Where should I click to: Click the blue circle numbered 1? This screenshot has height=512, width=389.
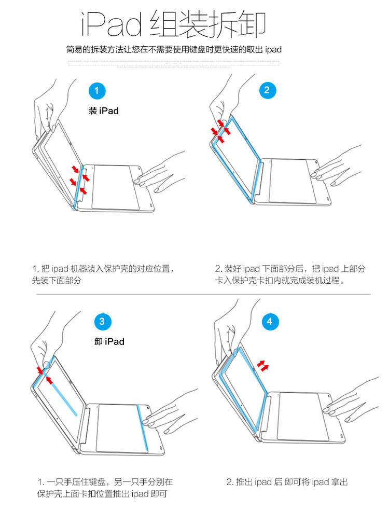(x=97, y=91)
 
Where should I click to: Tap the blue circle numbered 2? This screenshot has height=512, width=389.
(x=267, y=90)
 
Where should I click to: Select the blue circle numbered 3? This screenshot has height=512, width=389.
(x=102, y=322)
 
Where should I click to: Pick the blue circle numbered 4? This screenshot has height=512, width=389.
(x=269, y=322)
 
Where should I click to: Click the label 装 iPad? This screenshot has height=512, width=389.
(x=103, y=111)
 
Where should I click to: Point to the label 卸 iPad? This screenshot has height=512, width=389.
(x=109, y=341)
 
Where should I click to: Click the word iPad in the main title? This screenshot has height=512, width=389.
(x=112, y=24)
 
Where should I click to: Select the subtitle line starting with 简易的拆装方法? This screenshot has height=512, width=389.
(x=174, y=50)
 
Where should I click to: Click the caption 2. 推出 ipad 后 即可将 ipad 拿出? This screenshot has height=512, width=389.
(x=286, y=482)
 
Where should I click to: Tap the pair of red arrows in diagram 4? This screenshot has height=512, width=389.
(x=264, y=366)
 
